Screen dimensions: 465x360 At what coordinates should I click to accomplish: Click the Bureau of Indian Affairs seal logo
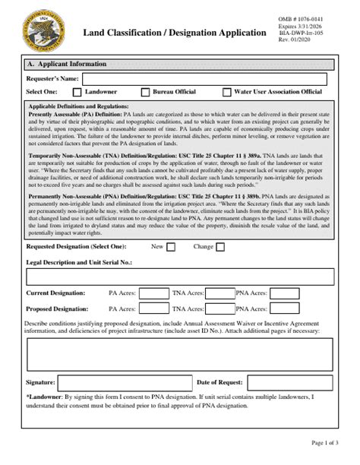point(45,29)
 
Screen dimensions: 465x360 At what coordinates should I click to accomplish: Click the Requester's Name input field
point(204,78)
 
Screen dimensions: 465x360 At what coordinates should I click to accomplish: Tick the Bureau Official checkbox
point(144,93)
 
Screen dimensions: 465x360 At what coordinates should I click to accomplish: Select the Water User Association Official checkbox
point(227,93)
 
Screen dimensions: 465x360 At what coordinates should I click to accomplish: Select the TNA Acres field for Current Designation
point(220,293)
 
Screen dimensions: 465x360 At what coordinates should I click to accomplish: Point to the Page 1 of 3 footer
point(325,443)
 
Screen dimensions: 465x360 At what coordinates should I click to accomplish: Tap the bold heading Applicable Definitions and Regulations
point(78,106)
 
